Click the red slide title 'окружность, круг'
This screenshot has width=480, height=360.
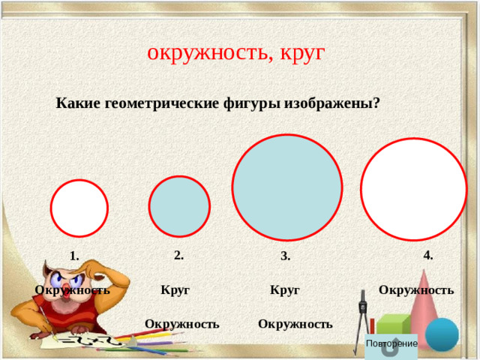point(236,52)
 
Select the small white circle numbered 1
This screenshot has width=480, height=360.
point(79,208)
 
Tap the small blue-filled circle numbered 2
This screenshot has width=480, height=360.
point(179,206)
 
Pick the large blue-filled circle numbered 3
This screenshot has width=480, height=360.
point(287,187)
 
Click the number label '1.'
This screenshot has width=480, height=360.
point(74,256)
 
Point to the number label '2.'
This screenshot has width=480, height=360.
point(178,255)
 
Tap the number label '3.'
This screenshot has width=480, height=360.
point(286,256)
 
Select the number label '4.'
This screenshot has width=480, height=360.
point(427,255)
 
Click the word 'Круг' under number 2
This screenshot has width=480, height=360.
point(175,289)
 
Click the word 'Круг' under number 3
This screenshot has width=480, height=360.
point(285,289)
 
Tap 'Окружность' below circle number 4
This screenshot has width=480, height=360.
point(416,289)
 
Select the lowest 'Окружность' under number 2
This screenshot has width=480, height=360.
point(182,324)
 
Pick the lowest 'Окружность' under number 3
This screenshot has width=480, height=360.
point(295,324)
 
